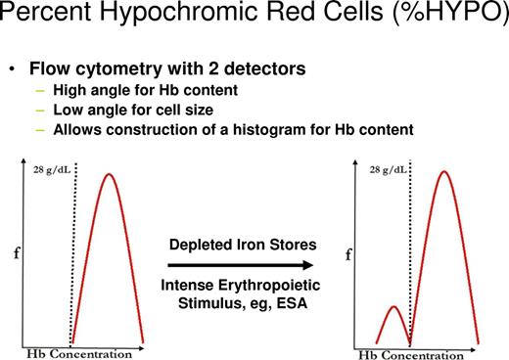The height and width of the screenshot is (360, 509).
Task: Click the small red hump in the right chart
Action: click(393, 308)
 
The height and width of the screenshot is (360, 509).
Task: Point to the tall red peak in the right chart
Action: click(446, 173)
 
